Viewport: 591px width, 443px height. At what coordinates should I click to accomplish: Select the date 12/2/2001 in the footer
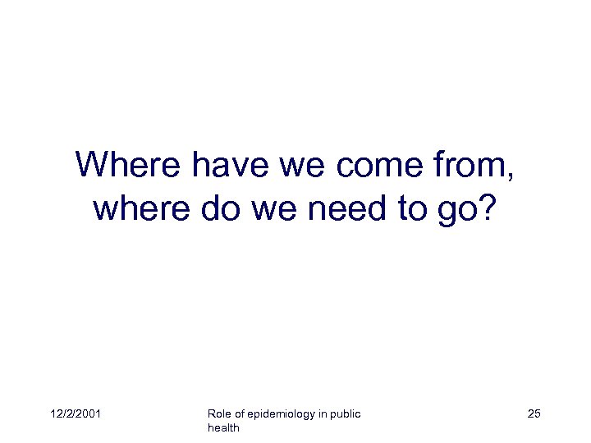[x=76, y=414]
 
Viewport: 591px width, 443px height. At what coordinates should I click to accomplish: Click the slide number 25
[x=534, y=414]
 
